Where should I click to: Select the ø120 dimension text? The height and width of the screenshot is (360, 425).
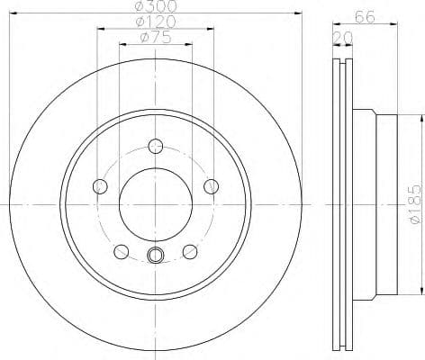[155, 22]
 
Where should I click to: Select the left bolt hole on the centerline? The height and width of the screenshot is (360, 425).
[99, 186]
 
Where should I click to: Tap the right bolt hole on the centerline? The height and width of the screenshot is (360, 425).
[212, 186]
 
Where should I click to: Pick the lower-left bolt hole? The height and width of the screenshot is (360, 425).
[121, 250]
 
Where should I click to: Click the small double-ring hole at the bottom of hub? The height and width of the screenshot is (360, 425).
[155, 256]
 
